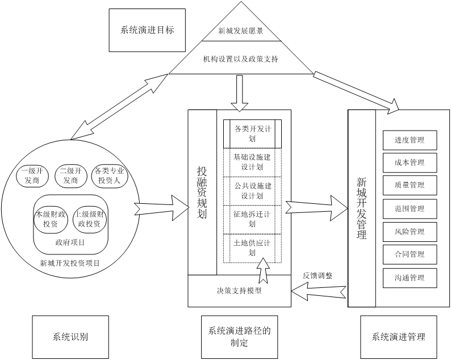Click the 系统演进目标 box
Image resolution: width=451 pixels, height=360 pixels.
pyautogui.click(x=147, y=31)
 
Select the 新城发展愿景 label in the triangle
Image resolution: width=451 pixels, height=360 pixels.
pyautogui.click(x=241, y=31)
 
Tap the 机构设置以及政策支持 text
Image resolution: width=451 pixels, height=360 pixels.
pyautogui.click(x=241, y=58)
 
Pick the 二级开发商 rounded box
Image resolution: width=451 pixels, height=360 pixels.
pyautogui.click(x=71, y=175)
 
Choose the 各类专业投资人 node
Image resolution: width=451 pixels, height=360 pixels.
pyautogui.click(x=110, y=175)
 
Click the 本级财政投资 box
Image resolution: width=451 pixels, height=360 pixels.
pyautogui.click(x=51, y=219)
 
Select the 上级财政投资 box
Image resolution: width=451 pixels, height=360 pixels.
pyautogui.click(x=89, y=219)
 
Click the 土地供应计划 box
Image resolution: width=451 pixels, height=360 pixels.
pyautogui.click(x=252, y=248)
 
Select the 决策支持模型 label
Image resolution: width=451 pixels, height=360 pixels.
pyautogui.click(x=239, y=291)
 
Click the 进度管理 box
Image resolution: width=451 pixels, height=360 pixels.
pyautogui.click(x=410, y=140)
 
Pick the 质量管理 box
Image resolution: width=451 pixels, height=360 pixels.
pyautogui.click(x=410, y=185)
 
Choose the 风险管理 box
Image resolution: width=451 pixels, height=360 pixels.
pyautogui.click(x=410, y=232)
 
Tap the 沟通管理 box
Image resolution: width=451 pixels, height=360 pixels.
pyautogui.click(x=410, y=278)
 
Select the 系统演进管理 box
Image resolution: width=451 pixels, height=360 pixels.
pyautogui.click(x=398, y=336)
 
